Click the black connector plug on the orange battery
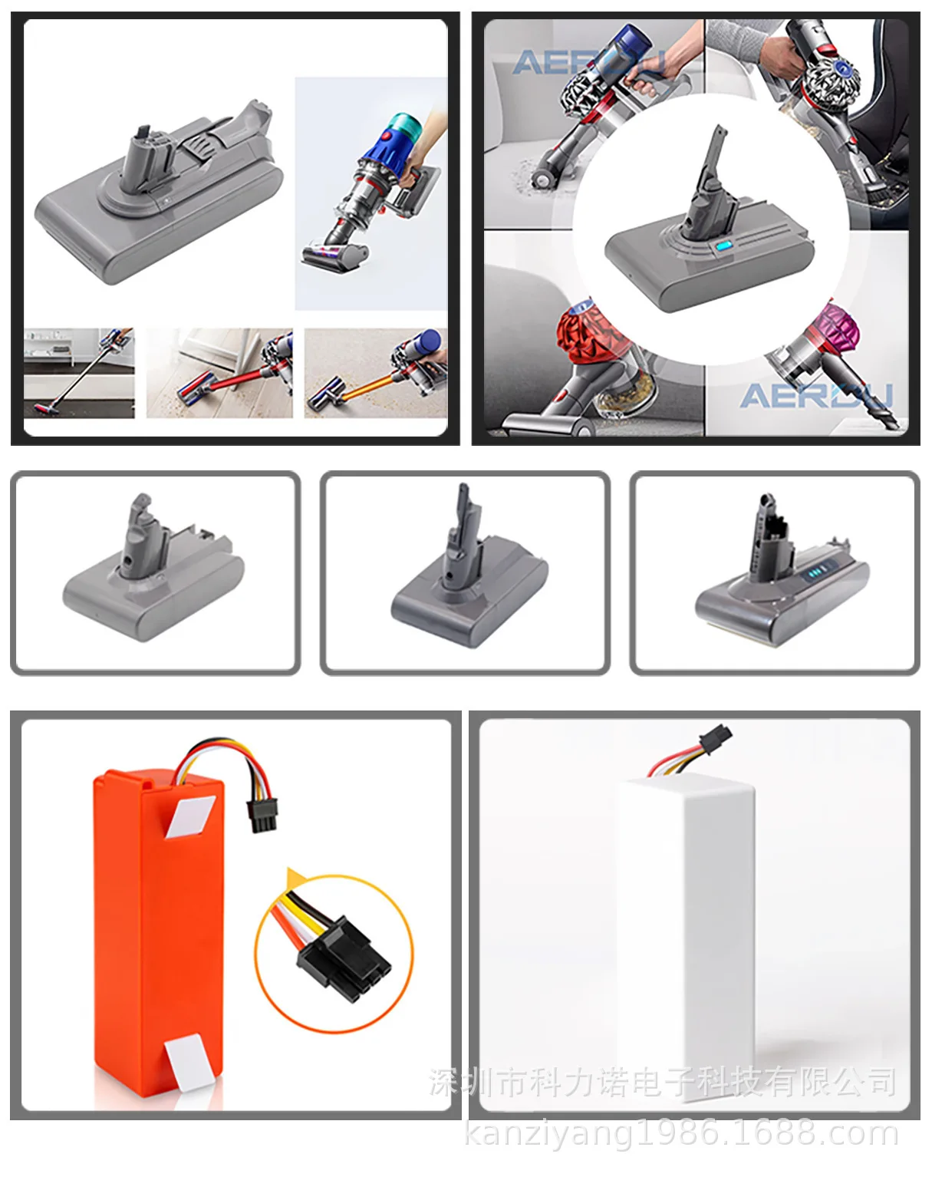pyautogui.click(x=259, y=816)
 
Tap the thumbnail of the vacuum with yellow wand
pyautogui.click(x=375, y=374)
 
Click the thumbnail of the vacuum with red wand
pyautogui.click(x=219, y=374)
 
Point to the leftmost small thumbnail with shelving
pyautogui.click(x=79, y=374)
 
